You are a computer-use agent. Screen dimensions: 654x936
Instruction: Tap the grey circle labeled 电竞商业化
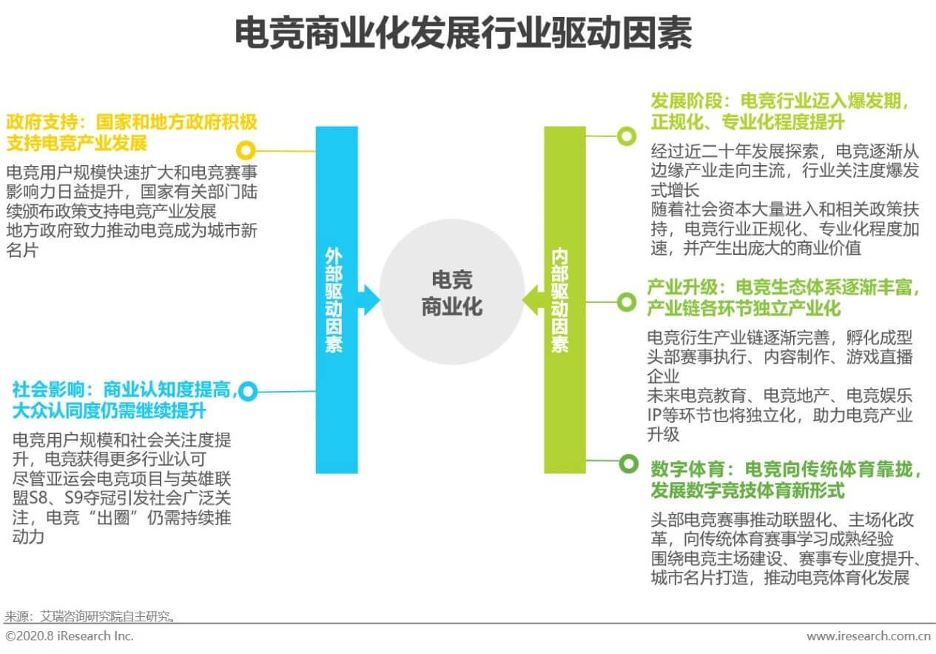[451, 292]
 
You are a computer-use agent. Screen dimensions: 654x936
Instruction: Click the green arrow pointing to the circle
[533, 299]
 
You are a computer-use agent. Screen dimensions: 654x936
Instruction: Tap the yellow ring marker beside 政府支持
[245, 147]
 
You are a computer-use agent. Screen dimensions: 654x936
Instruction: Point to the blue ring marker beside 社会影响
[248, 391]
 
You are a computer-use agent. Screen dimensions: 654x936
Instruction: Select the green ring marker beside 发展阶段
[627, 136]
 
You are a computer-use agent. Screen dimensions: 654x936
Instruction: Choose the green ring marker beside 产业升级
[627, 301]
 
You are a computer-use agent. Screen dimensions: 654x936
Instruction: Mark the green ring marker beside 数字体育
[627, 463]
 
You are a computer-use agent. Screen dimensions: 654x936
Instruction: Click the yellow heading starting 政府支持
[132, 131]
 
